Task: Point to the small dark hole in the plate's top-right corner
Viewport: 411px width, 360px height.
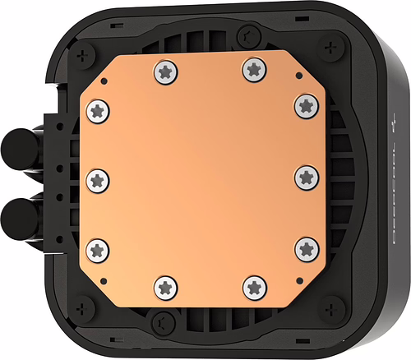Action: (x=299, y=76)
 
